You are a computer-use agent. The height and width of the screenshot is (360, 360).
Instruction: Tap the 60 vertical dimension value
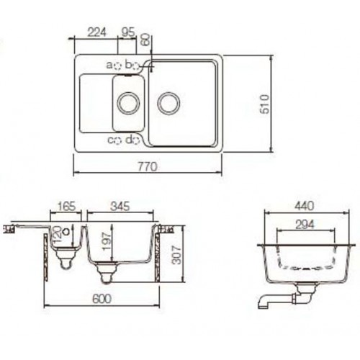[x=146, y=40]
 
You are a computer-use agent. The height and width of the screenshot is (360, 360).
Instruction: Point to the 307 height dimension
[x=179, y=253]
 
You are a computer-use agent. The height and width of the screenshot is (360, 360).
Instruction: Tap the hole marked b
[x=137, y=65]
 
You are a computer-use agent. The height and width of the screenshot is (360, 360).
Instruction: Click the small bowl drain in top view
[x=129, y=102]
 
